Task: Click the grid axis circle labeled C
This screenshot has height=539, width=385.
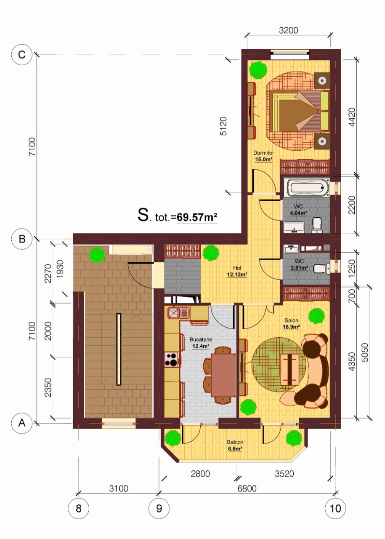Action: pos(22,55)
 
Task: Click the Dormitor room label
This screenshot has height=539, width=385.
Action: pos(263,153)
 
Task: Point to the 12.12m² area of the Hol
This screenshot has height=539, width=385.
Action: pos(237,274)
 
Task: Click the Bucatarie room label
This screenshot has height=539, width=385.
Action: pos(201,339)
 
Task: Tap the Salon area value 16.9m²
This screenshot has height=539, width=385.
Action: pos(291,327)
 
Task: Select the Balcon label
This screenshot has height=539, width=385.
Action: pos(235,442)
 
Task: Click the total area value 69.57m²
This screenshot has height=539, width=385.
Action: pos(197,217)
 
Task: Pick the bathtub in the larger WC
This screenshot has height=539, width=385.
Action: pos(306,187)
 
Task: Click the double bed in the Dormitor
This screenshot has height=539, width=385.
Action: pos(299,111)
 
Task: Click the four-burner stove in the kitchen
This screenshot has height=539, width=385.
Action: pos(172,360)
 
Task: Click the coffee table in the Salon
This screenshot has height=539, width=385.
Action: pos(290,369)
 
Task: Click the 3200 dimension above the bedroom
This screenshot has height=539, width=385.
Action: pos(288,30)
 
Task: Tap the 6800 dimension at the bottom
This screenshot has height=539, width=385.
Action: pos(247,489)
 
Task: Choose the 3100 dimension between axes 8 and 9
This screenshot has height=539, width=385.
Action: pos(119,489)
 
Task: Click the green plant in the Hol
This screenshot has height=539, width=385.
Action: pos(211,253)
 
